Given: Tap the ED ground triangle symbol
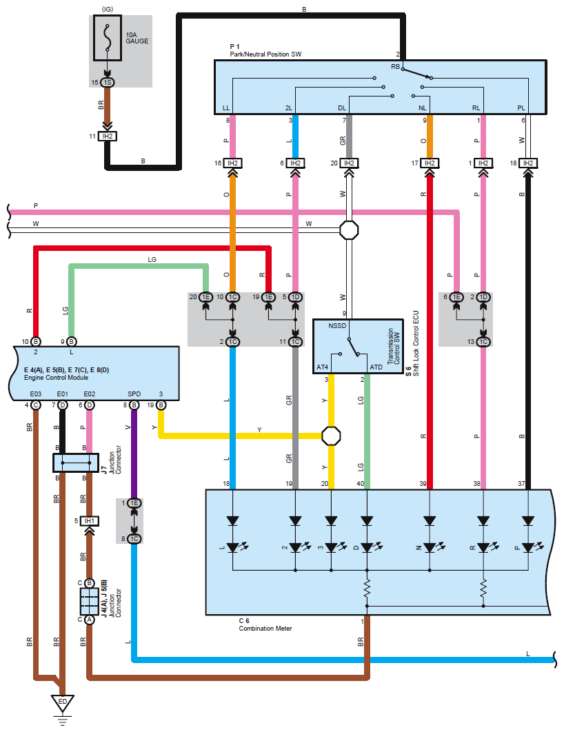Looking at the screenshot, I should [62, 704].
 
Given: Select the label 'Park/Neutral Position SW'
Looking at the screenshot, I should [265, 54].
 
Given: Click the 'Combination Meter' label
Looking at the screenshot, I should [265, 628].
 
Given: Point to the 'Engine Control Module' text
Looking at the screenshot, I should [56, 378].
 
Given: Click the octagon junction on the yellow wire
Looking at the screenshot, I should [332, 436].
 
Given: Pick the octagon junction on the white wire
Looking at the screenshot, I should [350, 229].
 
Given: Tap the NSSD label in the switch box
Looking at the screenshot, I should [338, 325].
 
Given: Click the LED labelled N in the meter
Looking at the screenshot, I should [430, 547].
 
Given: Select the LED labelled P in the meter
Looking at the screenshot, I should [527, 547].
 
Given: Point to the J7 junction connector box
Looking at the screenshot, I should [74, 462].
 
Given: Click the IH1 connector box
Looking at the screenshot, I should [89, 520].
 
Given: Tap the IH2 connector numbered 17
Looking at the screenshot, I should [430, 163].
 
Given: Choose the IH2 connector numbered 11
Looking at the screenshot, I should [107, 136].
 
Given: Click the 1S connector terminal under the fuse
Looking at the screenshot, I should [107, 83].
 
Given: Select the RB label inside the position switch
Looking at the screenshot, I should [396, 67].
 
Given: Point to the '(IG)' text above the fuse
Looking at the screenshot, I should [107, 8].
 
